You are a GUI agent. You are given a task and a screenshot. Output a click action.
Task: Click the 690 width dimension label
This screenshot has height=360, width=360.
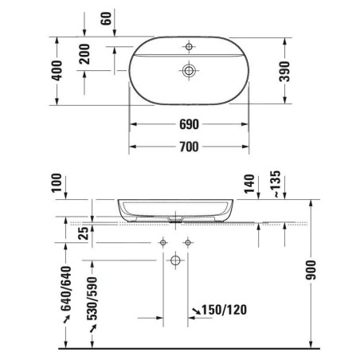tap(189, 124)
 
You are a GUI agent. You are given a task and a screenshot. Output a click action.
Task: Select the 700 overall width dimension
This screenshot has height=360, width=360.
tap(189, 147)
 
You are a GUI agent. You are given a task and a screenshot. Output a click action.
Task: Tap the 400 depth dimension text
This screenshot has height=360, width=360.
tap(57, 70)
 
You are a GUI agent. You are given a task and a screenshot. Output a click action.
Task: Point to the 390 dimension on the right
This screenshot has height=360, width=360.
tap(284, 72)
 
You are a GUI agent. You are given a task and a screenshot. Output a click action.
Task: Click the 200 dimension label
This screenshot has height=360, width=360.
tap(84, 54)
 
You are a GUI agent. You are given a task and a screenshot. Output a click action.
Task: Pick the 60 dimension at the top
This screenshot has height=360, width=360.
tap(106, 18)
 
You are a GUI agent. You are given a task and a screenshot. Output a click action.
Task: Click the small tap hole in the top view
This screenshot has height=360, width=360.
tap(189, 47)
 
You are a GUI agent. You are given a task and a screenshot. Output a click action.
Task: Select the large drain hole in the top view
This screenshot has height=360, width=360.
tap(189, 71)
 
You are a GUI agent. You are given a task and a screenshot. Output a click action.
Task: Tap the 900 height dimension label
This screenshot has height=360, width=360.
tap(311, 270)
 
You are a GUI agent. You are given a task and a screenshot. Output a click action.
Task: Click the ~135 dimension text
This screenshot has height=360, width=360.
tap(276, 184)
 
